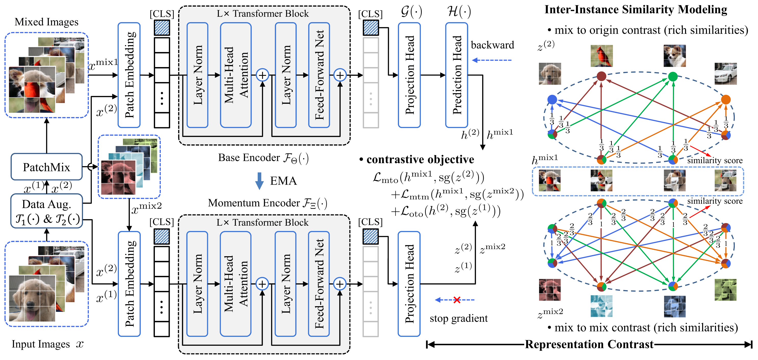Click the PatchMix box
[46, 167]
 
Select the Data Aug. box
[46, 211]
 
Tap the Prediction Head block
[456, 75]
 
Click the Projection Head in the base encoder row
[409, 75]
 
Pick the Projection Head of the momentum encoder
[409, 284]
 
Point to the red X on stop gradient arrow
[457, 300]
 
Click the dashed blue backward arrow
[492, 60]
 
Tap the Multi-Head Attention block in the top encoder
[236, 75]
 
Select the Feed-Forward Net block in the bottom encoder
[319, 284]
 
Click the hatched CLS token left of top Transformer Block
[162, 28]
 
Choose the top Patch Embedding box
[129, 75]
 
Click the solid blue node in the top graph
[552, 99]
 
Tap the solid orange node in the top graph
[726, 99]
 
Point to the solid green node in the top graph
[673, 76]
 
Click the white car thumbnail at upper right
[726, 73]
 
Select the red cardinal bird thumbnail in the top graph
[601, 56]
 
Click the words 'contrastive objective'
[420, 159]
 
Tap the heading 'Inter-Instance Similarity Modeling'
[636, 9]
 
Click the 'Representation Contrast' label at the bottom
[589, 344]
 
